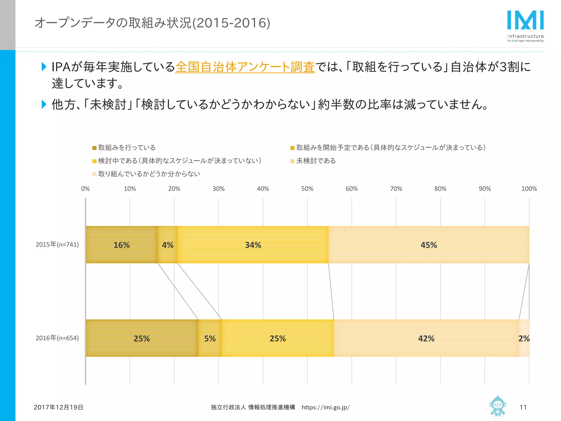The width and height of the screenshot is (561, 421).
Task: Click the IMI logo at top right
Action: click(525, 26)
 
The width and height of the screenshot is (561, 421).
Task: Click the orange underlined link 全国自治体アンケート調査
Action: click(245, 67)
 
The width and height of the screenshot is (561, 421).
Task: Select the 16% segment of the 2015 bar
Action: click(122, 245)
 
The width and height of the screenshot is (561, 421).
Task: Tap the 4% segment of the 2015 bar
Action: click(168, 245)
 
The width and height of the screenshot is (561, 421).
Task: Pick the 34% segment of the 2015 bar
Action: click(253, 245)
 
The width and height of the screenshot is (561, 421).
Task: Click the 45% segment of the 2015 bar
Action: click(429, 245)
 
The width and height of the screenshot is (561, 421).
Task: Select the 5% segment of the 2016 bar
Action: click(210, 338)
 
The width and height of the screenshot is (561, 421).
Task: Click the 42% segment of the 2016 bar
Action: click(426, 338)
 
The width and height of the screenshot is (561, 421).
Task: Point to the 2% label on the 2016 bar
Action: click(524, 338)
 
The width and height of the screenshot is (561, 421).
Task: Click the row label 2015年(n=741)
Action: click(57, 244)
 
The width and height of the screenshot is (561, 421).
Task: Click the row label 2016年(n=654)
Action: click(57, 338)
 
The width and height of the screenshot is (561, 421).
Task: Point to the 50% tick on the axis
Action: click(307, 189)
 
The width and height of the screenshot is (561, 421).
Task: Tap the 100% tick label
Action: click(529, 189)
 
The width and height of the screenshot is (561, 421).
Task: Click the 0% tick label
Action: click(85, 189)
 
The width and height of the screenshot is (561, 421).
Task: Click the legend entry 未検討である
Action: click(316, 161)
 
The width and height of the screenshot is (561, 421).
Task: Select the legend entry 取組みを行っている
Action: click(127, 148)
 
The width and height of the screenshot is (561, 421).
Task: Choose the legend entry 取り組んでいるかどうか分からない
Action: click(149, 174)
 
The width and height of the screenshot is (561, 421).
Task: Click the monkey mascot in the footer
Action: click(497, 406)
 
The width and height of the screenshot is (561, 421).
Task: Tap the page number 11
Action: click(523, 407)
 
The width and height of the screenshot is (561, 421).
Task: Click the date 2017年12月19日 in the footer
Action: click(58, 407)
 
